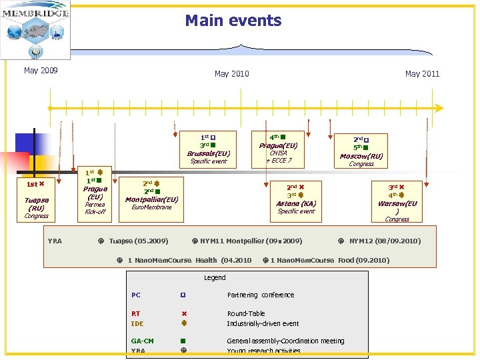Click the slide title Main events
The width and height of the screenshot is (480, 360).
[233, 21]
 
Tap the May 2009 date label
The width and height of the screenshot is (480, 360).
[41, 70]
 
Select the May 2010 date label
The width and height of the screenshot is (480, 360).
[231, 73]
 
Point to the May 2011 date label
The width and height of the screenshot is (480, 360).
[422, 73]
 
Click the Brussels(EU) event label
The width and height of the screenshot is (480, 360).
[209, 153]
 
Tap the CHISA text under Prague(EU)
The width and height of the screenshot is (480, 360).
[278, 153]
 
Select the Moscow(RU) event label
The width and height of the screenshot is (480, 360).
[361, 156]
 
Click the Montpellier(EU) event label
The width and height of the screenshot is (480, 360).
[152, 199]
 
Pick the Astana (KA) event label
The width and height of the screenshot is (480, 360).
[296, 203]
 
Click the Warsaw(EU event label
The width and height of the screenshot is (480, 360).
[397, 203]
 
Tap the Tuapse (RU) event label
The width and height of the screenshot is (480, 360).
[36, 203]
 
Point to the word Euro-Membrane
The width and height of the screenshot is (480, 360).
[152, 207]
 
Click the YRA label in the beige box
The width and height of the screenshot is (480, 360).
[55, 241]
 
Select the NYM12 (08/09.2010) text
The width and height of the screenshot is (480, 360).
[385, 241]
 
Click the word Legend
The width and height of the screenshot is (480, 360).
[215, 277]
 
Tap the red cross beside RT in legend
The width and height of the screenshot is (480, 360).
[183, 313]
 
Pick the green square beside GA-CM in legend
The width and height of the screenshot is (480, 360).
[182, 341]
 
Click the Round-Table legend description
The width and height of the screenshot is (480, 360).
[246, 313]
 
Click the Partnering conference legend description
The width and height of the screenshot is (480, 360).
[261, 295]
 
